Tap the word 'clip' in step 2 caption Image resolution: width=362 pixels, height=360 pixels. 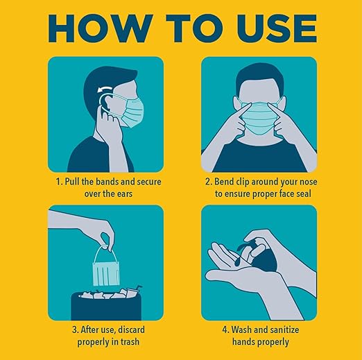[x=250, y=182]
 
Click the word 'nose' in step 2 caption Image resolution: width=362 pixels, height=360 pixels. [x=304, y=182]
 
